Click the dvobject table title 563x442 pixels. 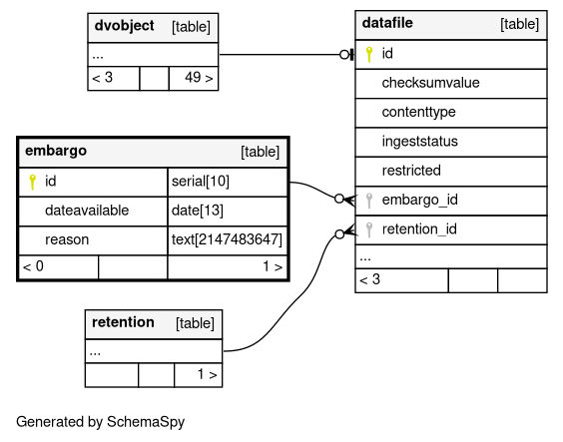point(124,26)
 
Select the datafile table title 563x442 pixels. point(387,23)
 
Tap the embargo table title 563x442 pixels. point(56,151)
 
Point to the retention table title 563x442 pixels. point(123,322)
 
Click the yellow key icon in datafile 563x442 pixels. point(369,55)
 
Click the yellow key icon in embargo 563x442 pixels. point(32,182)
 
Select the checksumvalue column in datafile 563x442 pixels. point(430,83)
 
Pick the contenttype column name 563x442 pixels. point(418,113)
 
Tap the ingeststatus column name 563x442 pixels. point(419,142)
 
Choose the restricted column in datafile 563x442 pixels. point(411,171)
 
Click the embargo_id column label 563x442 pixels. point(419,200)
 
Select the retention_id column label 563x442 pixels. point(419,228)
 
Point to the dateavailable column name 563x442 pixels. point(87,211)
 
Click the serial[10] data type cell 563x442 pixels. point(201,182)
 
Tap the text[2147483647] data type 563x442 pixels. point(227,239)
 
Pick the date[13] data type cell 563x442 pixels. point(197,211)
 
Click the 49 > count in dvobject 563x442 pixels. point(199,78)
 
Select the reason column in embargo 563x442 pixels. point(67,239)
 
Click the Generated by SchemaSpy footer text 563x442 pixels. point(100,422)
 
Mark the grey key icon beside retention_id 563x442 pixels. point(369,229)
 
